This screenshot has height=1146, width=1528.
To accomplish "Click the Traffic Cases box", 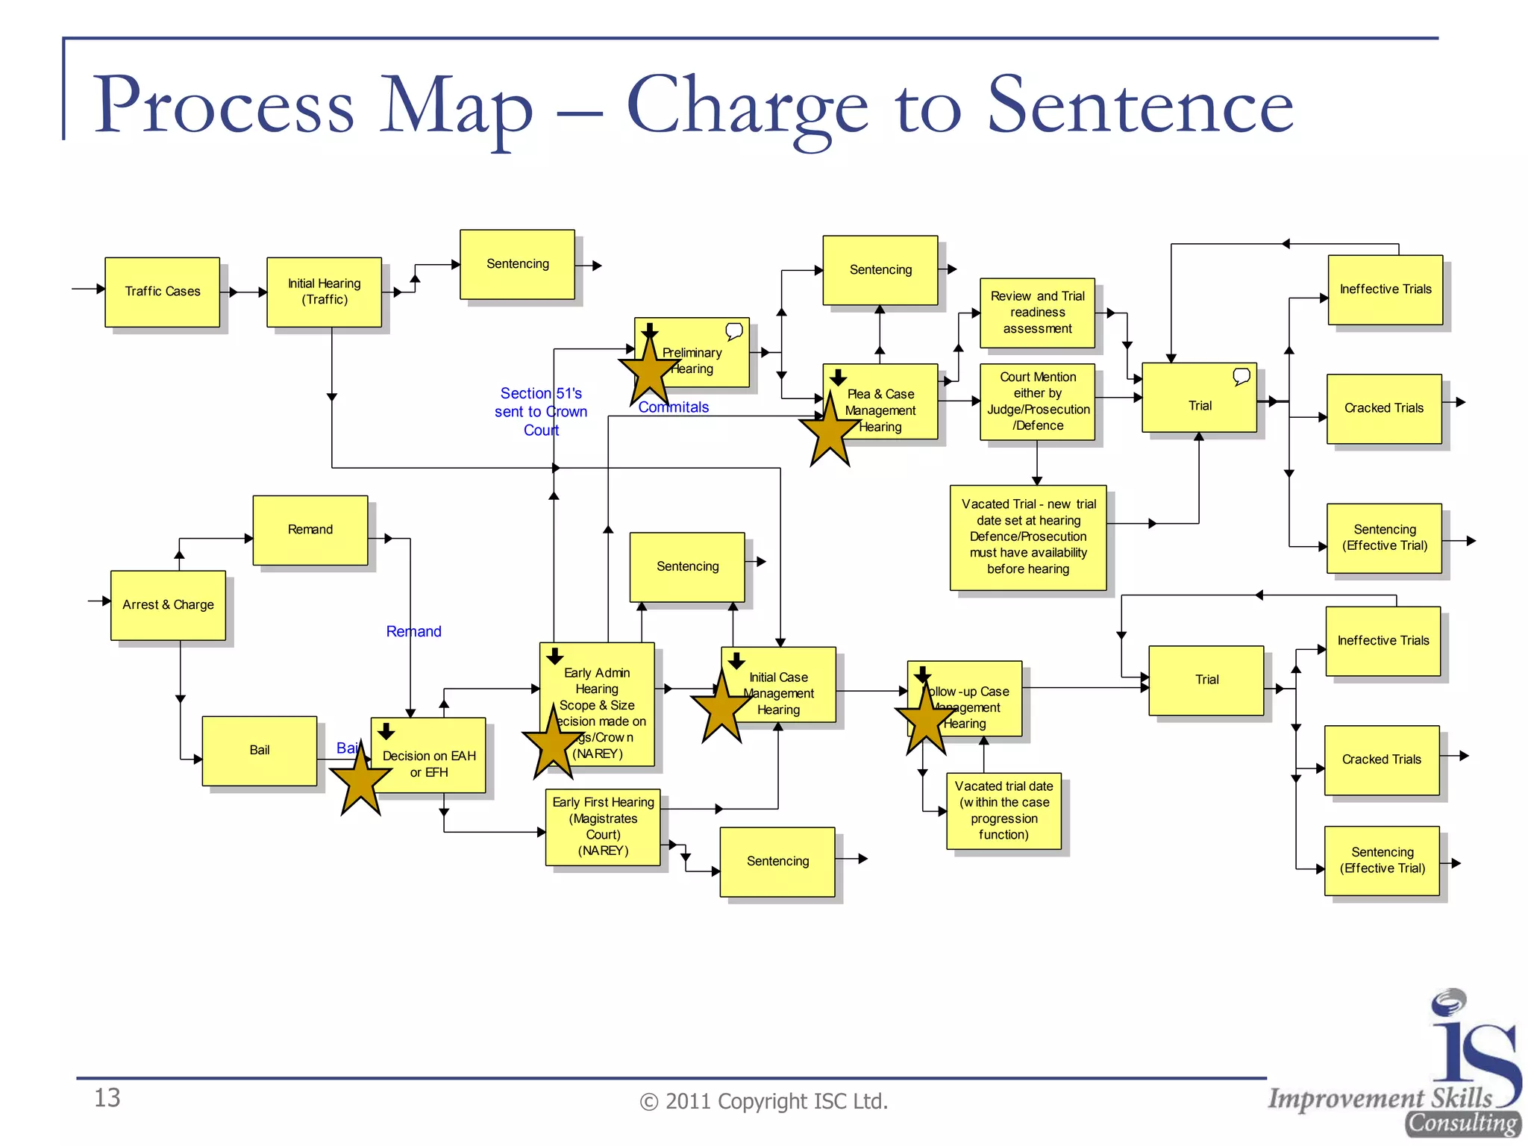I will pyautogui.click(x=162, y=292).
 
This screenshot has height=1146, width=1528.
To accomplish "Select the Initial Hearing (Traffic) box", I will pyautogui.click(x=324, y=292).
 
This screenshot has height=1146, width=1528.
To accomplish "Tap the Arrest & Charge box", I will pyautogui.click(x=168, y=605).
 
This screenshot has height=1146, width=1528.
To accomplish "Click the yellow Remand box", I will pyautogui.click(x=310, y=530).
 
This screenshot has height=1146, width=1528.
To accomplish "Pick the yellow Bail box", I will pyautogui.click(x=259, y=751).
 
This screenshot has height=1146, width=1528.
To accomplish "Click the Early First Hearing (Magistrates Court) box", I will pyautogui.click(x=603, y=827).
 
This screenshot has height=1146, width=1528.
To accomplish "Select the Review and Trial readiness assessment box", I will pyautogui.click(x=1037, y=313).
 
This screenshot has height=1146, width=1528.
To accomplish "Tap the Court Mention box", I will pyautogui.click(x=1037, y=401).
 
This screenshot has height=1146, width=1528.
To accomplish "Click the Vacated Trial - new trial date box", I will pyautogui.click(x=1028, y=537).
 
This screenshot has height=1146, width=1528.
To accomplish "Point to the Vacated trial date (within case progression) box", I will pyautogui.click(x=1003, y=810).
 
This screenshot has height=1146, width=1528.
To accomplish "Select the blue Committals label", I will pyautogui.click(x=673, y=407).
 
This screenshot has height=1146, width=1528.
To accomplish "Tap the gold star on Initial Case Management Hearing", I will pyautogui.click(x=721, y=707).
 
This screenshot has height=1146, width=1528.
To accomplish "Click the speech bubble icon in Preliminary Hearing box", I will pyautogui.click(x=734, y=331).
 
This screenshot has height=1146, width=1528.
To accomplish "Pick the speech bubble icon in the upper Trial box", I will pyautogui.click(x=1241, y=376).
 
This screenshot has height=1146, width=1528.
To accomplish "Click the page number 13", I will pyautogui.click(x=107, y=1098).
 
